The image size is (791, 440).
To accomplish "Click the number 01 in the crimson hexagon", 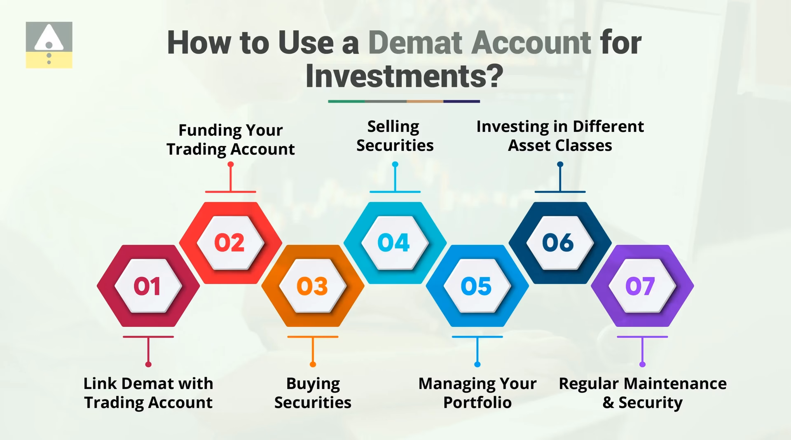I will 147,286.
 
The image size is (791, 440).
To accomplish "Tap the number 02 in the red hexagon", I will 229,242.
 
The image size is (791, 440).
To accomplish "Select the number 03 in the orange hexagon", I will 312,286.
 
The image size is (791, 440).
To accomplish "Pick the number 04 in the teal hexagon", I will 394,242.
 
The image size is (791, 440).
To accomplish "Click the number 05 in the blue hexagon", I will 476,286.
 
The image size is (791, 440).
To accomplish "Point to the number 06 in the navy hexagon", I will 558,242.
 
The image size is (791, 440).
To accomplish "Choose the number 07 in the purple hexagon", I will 640,286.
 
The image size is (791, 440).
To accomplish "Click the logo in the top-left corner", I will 49,45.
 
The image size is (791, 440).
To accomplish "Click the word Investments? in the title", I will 404,76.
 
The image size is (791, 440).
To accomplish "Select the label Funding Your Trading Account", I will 231,140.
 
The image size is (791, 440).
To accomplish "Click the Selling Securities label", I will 395,136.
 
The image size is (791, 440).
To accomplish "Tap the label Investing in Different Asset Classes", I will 560,136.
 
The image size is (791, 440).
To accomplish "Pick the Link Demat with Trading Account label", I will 148,393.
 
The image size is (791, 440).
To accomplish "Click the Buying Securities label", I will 313,393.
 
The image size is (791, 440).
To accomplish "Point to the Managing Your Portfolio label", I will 477,393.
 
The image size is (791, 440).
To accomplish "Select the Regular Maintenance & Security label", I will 642,393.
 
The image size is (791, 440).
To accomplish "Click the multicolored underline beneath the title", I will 404,101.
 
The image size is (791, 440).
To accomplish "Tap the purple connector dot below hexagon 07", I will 642,364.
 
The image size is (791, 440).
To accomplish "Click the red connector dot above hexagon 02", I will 231,164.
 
